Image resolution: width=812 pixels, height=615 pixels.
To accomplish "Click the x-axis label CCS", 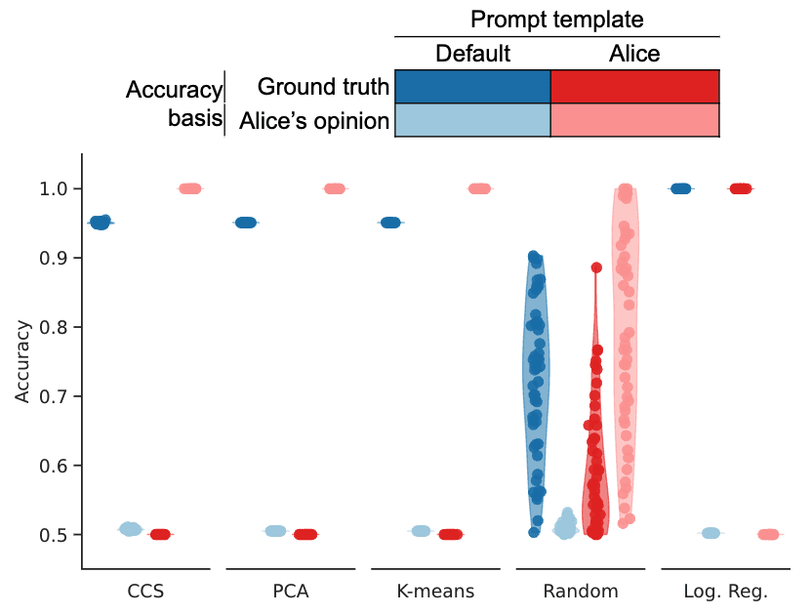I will (x=144, y=592).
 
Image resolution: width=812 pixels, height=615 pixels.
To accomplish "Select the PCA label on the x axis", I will (x=290, y=592).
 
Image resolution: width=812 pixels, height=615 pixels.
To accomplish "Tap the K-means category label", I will (x=435, y=592).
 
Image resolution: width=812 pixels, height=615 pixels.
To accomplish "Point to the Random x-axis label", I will (x=581, y=592).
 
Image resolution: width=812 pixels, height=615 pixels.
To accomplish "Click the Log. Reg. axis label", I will (x=726, y=592).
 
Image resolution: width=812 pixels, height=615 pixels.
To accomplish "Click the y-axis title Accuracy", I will (x=22, y=361).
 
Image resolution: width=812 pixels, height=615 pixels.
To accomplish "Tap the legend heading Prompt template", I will (x=556, y=20).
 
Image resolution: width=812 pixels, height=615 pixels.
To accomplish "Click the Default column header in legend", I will (x=472, y=54).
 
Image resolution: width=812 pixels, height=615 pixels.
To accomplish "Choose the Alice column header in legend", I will (x=634, y=54).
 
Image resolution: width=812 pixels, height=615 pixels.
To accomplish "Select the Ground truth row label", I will (x=323, y=87).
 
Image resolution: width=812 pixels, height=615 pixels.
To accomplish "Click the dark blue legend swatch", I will (x=472, y=87).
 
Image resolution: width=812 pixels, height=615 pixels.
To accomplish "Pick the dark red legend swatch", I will (x=634, y=87).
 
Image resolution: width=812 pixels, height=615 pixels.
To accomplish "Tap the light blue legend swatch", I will (x=472, y=120).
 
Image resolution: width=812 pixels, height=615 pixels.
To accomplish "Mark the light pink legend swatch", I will (x=634, y=120).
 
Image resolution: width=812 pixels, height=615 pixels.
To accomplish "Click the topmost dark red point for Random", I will (x=596, y=267).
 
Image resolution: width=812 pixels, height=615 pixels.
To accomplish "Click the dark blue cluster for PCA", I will (x=245, y=223).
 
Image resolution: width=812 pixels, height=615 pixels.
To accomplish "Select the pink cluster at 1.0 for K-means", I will (x=479, y=188).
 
